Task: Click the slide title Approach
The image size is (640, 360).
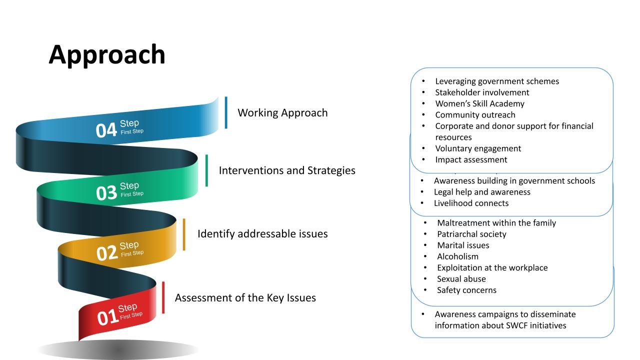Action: click(106, 54)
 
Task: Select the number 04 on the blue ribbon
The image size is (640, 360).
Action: click(106, 130)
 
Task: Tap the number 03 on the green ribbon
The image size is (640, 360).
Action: click(106, 193)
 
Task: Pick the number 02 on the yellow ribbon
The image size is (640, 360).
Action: click(106, 253)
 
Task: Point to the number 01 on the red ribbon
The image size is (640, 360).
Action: click(107, 317)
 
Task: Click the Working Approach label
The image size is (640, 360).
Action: click(282, 112)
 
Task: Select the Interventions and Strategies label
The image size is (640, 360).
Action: click(287, 170)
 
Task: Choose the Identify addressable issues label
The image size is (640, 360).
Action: click(262, 233)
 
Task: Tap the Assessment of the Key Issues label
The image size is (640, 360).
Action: click(245, 297)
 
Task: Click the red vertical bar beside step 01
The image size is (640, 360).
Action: click(163, 297)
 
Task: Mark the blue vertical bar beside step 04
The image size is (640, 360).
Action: click(226, 112)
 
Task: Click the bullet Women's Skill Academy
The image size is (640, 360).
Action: click(479, 103)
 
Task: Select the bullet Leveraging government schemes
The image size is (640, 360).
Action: click(497, 81)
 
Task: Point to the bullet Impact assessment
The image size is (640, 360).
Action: click(471, 159)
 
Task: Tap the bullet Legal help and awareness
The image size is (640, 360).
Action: click(482, 192)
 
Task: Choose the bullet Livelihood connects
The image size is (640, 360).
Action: click(471, 203)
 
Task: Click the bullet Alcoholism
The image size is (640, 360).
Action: click(457, 256)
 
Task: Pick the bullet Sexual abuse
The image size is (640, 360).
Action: click(461, 279)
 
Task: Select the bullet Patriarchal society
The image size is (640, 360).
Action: click(471, 234)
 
